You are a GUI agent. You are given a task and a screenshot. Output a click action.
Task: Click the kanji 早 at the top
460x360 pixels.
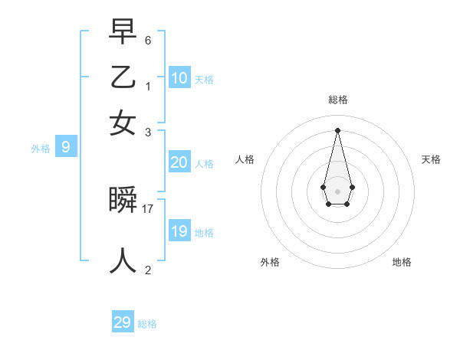pyautogui.click(x=123, y=31)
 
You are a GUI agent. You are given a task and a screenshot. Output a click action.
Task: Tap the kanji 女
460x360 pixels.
pyautogui.click(x=123, y=123)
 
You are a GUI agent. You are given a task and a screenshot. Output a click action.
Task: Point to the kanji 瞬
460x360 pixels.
pyautogui.click(x=123, y=200)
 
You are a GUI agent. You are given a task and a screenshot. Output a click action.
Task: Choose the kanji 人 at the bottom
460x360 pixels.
pyautogui.click(x=123, y=260)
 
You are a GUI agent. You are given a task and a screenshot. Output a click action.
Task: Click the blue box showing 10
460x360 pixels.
pyautogui.click(x=179, y=78)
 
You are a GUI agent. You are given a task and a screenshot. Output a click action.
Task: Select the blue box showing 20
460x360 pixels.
pyautogui.click(x=179, y=162)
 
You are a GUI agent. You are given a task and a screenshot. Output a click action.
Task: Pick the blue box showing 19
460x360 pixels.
pyautogui.click(x=179, y=231)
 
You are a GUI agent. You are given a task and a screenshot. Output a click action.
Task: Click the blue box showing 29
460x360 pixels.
pyautogui.click(x=123, y=322)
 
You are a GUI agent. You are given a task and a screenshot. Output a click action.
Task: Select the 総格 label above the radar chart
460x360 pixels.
pyautogui.click(x=337, y=100)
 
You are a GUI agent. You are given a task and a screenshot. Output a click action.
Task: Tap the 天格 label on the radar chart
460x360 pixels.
pyautogui.click(x=431, y=159)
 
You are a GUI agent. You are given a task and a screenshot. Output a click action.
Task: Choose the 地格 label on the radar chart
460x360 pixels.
pyautogui.click(x=402, y=262)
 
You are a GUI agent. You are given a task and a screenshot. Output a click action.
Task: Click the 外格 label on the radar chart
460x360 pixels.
pyautogui.click(x=270, y=262)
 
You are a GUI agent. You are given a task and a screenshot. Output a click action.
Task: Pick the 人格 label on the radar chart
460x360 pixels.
pyautogui.click(x=245, y=159)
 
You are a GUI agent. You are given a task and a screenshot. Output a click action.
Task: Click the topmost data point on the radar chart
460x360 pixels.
pyautogui.click(x=337, y=129)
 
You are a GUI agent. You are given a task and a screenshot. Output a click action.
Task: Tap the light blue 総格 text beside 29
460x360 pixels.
pyautogui.click(x=147, y=324)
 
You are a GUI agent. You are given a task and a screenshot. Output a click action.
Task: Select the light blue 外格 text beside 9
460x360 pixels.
pyautogui.click(x=41, y=149)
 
